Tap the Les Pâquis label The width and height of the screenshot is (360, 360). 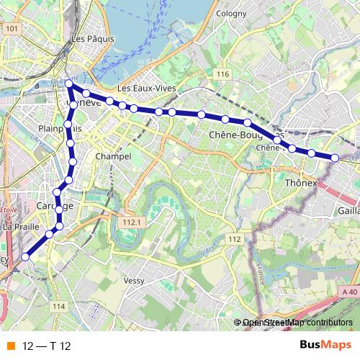point(90,38)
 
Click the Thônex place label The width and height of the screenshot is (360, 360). point(302,183)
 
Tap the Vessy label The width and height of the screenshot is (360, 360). point(135,281)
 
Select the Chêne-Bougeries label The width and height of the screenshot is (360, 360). point(245,135)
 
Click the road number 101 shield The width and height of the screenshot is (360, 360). point(11,29)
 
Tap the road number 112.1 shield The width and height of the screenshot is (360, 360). point(130,223)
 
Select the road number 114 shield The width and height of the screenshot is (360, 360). point(59,307)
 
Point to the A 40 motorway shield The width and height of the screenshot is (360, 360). point(350,291)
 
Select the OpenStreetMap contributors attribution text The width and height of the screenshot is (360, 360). point(297,323)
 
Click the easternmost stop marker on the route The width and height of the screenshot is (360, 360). point(335,158)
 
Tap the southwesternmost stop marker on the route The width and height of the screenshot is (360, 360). point(25,256)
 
